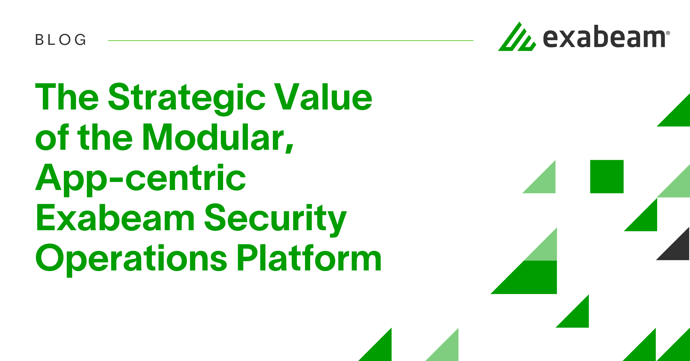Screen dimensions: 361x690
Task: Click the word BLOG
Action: pos(60,40)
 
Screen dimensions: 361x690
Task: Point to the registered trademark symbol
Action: pos(668,33)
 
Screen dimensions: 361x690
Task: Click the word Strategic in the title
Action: pos(187,98)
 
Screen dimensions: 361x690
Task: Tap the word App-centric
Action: pos(140,178)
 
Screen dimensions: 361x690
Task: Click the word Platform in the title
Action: pos(309,258)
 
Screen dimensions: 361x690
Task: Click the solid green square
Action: pos(607,176)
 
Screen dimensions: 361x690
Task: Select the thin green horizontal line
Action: pos(290,41)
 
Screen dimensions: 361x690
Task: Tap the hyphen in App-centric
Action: pos(116,180)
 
